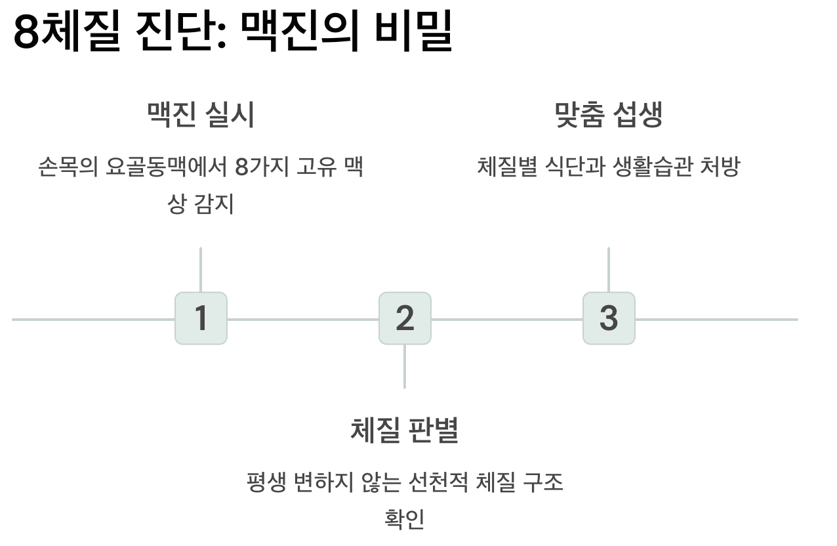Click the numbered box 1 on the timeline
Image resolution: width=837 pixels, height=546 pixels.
coord(201,318)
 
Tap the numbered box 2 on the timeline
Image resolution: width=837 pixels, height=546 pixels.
coord(405,318)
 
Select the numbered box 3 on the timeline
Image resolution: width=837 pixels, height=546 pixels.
coord(609,318)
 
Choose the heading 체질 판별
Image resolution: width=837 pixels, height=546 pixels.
coord(405,430)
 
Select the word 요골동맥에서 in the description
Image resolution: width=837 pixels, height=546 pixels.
coord(167,167)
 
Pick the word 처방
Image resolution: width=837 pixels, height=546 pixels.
coord(720,167)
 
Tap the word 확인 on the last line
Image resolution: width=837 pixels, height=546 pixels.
coord(405,519)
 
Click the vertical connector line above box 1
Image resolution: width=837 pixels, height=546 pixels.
coord(201,270)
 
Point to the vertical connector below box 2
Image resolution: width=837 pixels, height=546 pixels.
coord(405,366)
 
